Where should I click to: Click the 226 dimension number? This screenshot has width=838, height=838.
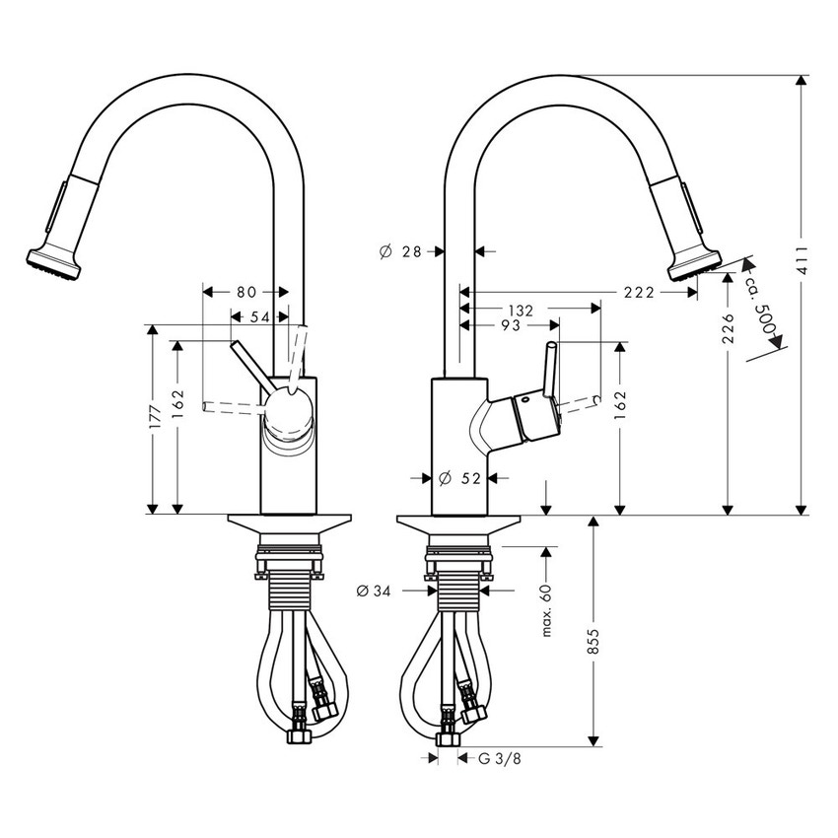[x=728, y=329]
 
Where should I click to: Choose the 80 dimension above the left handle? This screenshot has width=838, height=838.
[x=246, y=292]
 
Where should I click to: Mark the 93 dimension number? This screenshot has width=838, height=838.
[x=509, y=326]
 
